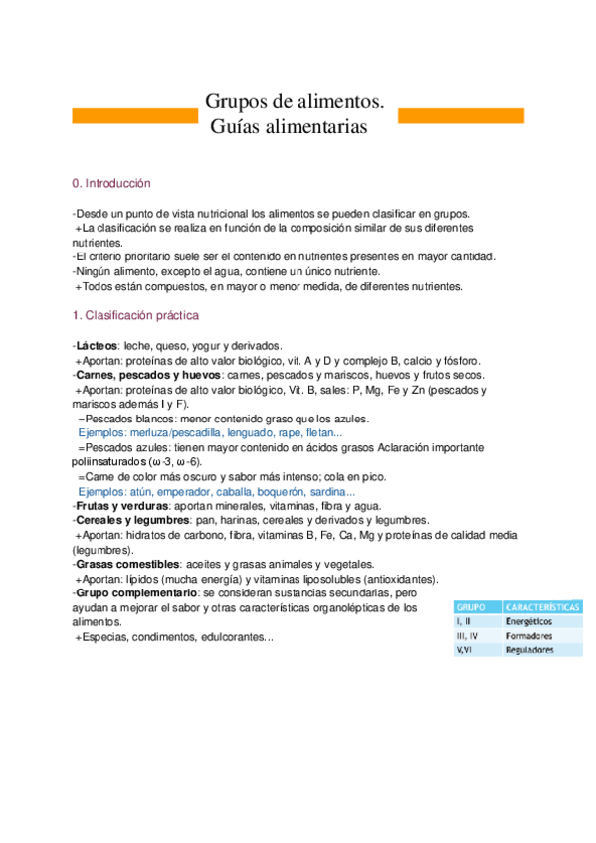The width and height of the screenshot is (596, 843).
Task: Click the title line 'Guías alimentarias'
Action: (x=289, y=127)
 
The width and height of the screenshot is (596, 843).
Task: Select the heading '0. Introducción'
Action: (x=111, y=184)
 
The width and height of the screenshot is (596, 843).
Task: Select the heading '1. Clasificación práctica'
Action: (x=135, y=316)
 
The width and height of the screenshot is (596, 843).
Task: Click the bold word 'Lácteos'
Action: (x=97, y=344)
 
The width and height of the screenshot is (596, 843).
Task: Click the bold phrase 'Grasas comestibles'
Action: (x=121, y=565)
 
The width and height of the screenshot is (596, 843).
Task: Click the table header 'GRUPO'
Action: (x=471, y=605)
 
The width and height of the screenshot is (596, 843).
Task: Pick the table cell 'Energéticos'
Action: (x=531, y=620)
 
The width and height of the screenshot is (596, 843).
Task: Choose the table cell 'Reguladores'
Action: (x=531, y=649)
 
